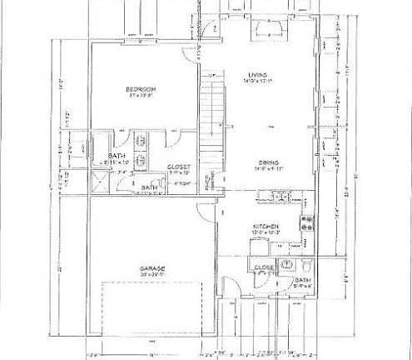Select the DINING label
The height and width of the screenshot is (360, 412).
[x=267, y=163]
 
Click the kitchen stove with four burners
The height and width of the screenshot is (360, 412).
[x=305, y=221]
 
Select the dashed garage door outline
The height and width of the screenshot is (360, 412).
[x=154, y=312]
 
